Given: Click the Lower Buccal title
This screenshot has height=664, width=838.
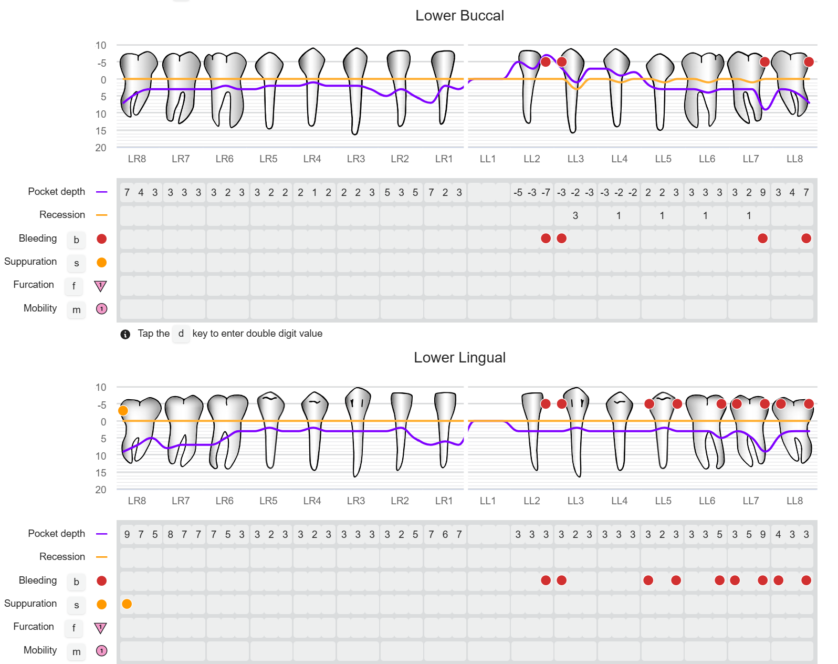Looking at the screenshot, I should click(x=459, y=16).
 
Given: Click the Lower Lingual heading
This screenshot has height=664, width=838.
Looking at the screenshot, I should click(x=459, y=358).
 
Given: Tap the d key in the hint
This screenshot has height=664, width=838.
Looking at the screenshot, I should click(x=181, y=334).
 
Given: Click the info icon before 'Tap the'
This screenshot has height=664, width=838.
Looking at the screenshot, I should click(x=125, y=334).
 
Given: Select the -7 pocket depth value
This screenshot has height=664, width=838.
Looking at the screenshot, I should click(x=546, y=193).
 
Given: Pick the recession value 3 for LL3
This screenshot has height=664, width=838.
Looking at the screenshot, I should click(x=575, y=216).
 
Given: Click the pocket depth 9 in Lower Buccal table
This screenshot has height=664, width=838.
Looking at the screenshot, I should click(x=763, y=193).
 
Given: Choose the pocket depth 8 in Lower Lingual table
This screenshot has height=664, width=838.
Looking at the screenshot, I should click(x=170, y=535).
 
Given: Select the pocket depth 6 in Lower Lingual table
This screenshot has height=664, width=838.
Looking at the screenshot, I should click(x=445, y=535).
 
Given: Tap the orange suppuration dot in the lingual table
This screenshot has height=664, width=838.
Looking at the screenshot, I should click(x=127, y=604).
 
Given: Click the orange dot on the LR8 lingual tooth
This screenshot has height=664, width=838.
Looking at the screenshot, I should click(x=123, y=411).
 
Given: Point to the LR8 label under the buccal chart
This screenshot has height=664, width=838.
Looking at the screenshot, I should click(x=137, y=159).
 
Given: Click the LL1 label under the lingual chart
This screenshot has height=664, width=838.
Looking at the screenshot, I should click(x=488, y=501).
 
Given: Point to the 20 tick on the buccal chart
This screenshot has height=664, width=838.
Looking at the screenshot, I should click(x=101, y=148).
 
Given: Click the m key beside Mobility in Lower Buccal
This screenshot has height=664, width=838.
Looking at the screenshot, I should click(x=76, y=310).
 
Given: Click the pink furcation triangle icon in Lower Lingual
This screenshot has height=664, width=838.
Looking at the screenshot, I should click(x=100, y=628).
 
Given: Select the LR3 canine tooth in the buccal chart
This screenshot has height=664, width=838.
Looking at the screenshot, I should click(x=355, y=89).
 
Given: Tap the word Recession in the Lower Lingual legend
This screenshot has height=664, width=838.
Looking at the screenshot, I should click(x=62, y=557).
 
